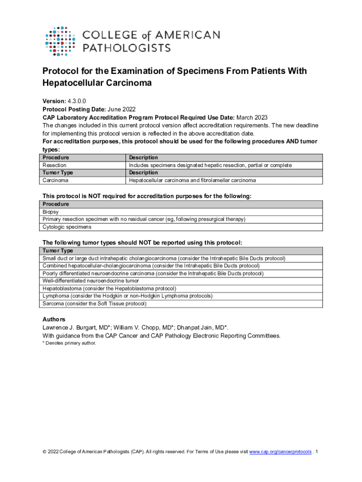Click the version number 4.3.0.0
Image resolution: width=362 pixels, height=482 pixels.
(76, 101)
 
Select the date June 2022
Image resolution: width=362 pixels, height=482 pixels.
(111, 109)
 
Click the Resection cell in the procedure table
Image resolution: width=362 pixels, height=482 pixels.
(55, 165)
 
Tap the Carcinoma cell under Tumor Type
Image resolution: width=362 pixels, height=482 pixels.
(55, 180)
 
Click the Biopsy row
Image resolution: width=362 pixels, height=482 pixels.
(51, 212)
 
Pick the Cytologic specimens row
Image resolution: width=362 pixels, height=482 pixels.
(67, 227)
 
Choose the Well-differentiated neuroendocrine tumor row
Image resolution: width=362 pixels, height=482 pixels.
(91, 281)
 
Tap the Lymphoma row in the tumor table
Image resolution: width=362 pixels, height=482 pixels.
(127, 296)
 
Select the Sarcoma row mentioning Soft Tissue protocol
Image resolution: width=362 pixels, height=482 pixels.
(94, 304)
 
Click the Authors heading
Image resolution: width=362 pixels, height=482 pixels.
(54, 320)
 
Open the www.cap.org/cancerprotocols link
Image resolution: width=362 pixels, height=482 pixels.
(280, 452)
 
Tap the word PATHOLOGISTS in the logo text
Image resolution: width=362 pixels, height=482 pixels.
(126, 48)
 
